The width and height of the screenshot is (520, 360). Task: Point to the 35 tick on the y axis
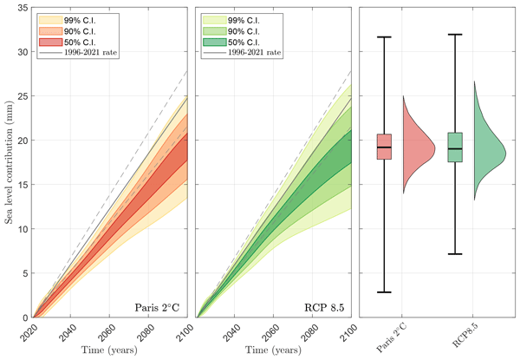coord(23,8)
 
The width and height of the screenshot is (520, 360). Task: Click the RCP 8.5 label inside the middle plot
coord(323,306)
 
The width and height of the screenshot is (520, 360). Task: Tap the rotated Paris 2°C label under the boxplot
coord(383,335)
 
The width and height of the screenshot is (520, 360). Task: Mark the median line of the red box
coord(383,148)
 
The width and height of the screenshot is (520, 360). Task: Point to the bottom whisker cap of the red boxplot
coord(383,292)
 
